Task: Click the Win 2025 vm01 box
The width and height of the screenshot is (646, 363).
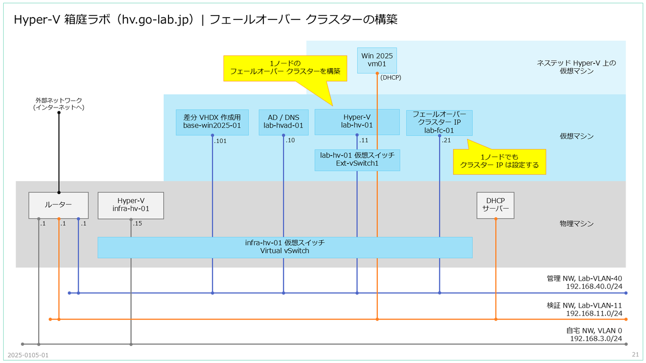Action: pyautogui.click(x=377, y=60)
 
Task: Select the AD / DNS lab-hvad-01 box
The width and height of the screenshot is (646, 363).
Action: pyautogui.click(x=284, y=122)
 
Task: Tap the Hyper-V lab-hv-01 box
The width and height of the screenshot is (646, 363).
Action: pyautogui.click(x=357, y=122)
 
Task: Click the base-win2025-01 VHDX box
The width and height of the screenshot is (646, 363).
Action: pyautogui.click(x=212, y=122)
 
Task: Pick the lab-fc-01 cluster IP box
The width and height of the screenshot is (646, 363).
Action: pyautogui.click(x=439, y=123)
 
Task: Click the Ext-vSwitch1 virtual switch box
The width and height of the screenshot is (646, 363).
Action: pyautogui.click(x=357, y=160)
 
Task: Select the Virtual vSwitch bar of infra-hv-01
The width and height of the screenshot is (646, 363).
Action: pyautogui.click(x=285, y=247)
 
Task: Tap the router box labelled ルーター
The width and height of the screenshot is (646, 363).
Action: pyautogui.click(x=59, y=205)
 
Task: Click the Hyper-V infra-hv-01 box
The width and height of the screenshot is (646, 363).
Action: pyautogui.click(x=131, y=205)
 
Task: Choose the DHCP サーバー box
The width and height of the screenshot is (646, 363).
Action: pyautogui.click(x=495, y=205)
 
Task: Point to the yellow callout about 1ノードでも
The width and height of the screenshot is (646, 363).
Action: pyautogui.click(x=500, y=161)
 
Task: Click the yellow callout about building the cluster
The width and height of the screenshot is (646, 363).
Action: pyautogui.click(x=285, y=68)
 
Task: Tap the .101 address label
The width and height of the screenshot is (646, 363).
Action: pyautogui.click(x=220, y=141)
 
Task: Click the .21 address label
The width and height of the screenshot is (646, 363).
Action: pyautogui.click(x=446, y=140)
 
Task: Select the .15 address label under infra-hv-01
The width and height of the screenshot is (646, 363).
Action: pyautogui.click(x=137, y=223)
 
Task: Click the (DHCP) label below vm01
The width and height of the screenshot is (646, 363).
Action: pyautogui.click(x=391, y=77)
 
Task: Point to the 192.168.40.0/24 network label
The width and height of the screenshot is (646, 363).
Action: pyautogui.click(x=594, y=286)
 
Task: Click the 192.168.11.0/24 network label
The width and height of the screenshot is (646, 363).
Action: pyautogui.click(x=594, y=313)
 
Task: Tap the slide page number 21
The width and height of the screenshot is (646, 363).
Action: pyautogui.click(x=635, y=354)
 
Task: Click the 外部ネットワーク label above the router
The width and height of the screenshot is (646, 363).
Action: pyautogui.click(x=59, y=100)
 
